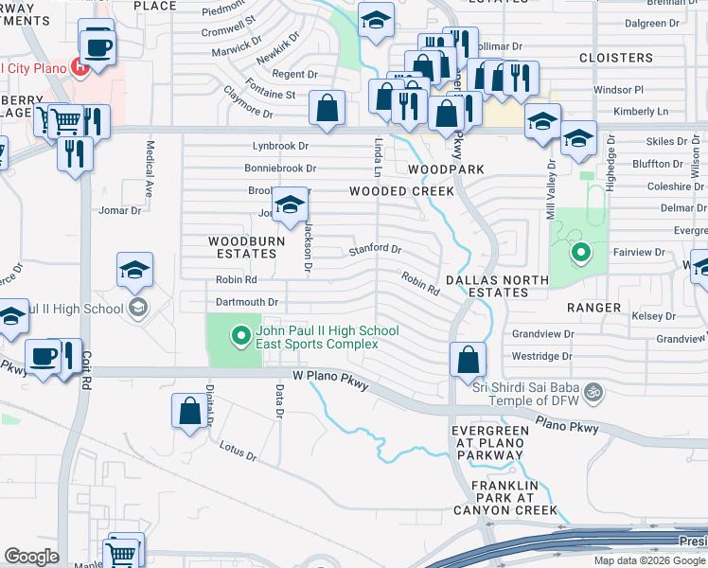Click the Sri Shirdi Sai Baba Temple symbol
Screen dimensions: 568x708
point(593,390)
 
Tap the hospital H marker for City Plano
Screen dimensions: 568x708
point(80,67)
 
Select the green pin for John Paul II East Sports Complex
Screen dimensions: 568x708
point(240,334)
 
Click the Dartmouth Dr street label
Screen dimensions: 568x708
point(247,302)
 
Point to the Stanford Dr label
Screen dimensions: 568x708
point(375,249)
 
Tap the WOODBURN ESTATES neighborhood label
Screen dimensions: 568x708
point(243,248)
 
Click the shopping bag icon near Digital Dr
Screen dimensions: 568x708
point(189,411)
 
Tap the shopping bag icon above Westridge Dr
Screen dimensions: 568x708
point(468,360)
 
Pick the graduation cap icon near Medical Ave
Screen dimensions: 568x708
point(135,270)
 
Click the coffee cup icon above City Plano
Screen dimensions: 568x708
point(97,44)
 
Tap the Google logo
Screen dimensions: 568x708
point(31,557)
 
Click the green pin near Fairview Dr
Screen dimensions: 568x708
point(580,253)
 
